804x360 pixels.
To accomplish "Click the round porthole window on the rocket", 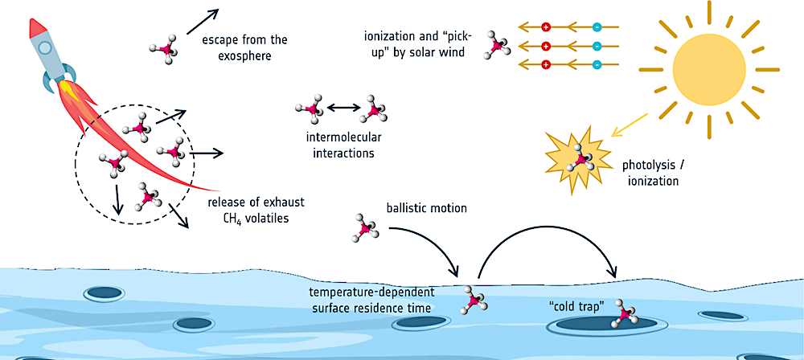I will click(46, 50).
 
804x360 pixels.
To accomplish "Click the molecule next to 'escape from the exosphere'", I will click(164, 47).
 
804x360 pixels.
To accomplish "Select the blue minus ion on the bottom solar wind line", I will click(597, 64).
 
